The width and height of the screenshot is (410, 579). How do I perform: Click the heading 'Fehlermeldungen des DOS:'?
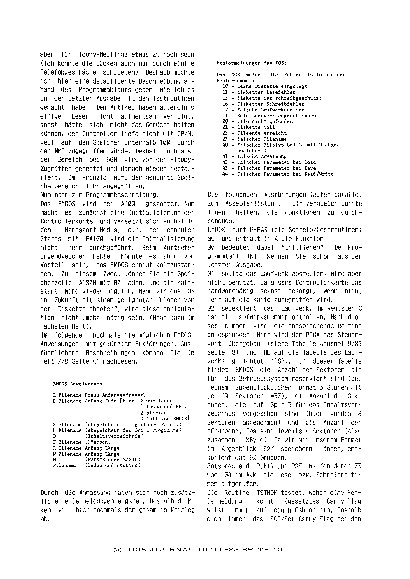252,63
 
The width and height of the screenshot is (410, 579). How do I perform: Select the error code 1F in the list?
225,116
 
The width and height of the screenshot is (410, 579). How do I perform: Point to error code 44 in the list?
225,174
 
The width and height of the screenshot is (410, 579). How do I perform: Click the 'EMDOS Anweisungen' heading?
77,384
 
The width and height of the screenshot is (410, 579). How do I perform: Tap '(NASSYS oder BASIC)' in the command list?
112,460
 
